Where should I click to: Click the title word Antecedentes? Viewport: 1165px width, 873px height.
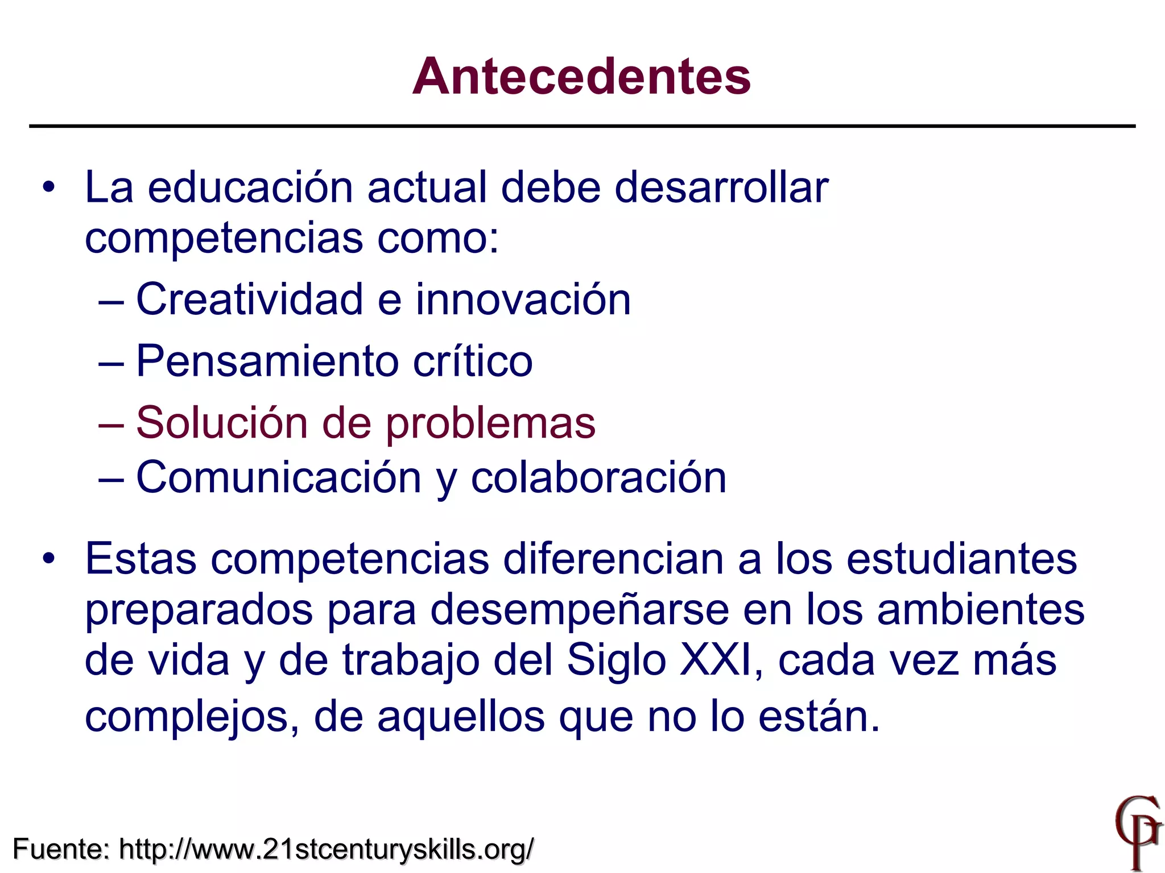point(581,77)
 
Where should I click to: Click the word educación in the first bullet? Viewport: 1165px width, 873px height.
point(250,188)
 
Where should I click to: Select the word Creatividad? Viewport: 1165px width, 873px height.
point(249,300)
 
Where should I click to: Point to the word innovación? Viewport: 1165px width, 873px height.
point(523,300)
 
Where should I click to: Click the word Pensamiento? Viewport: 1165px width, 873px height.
point(267,361)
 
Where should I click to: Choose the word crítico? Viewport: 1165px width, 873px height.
point(473,361)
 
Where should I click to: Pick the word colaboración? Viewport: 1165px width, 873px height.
point(598,477)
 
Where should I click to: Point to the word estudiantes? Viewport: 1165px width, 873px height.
point(961,559)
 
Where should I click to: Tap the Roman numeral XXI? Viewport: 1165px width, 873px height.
point(719,661)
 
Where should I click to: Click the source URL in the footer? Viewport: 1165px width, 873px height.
point(327,850)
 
